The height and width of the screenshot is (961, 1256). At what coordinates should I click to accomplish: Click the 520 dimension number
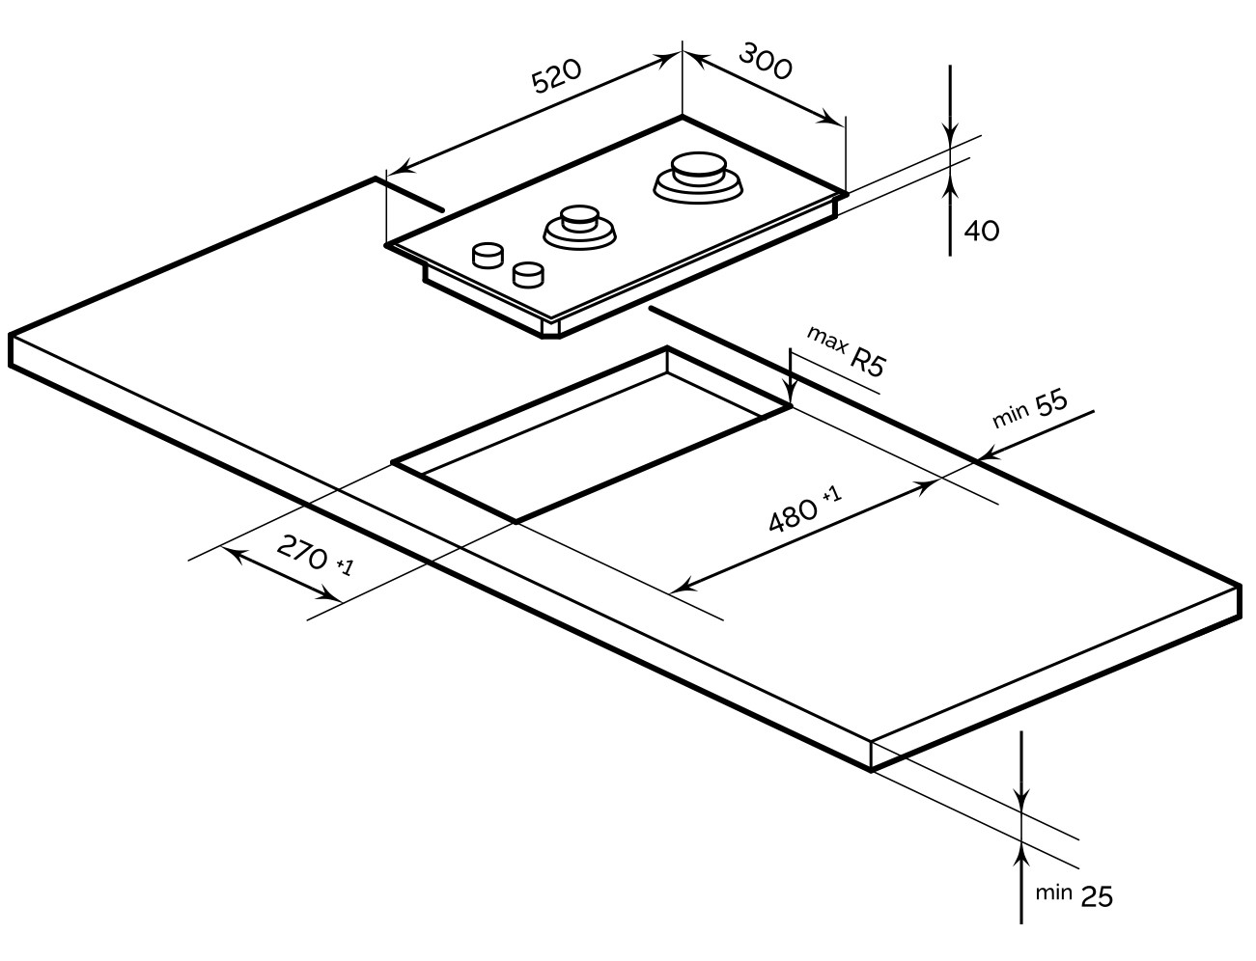[x=556, y=75]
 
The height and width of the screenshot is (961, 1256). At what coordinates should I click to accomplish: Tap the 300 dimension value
[x=766, y=61]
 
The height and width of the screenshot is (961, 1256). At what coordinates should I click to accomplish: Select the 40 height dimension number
[x=982, y=231]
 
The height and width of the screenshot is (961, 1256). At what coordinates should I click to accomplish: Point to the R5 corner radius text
[x=868, y=363]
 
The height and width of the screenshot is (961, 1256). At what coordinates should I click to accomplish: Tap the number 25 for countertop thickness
[x=1097, y=897]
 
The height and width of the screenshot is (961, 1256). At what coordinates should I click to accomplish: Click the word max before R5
[x=827, y=341]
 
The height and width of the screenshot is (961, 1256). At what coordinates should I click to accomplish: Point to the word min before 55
[x=1011, y=415]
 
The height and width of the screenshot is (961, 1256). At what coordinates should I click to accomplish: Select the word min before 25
[x=1053, y=892]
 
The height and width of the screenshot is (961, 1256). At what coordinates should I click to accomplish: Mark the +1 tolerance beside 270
[x=345, y=567]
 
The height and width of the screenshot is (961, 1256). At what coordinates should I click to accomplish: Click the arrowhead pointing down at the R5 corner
[x=790, y=392]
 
